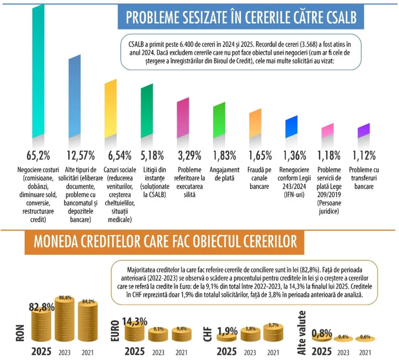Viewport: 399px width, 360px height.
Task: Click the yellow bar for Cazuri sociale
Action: click(111, 109)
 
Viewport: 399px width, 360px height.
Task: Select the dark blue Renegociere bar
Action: click(291, 127)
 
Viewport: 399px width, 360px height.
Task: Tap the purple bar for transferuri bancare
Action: click(364, 131)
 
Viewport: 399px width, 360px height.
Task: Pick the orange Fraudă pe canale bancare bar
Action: click(255, 123)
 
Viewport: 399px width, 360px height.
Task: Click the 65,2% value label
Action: click(38, 156)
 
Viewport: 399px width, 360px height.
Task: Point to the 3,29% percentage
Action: click(189, 156)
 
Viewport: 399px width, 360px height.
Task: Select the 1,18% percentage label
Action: click(329, 156)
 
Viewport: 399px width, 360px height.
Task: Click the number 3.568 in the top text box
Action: click(309, 44)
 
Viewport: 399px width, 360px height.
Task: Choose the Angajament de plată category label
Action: click(224, 174)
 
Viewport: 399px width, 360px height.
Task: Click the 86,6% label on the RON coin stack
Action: click(65, 298)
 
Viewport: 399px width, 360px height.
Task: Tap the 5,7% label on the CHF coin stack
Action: click(274, 325)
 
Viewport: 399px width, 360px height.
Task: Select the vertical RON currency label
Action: click(20, 333)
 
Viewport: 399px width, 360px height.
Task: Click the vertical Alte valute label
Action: click(301, 333)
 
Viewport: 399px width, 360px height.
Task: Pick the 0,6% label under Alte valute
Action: click(365, 337)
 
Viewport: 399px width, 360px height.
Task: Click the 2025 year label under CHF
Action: click(226, 351)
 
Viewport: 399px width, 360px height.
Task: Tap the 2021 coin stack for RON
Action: click(88, 321)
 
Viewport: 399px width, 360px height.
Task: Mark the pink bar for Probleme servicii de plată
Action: click(328, 131)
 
